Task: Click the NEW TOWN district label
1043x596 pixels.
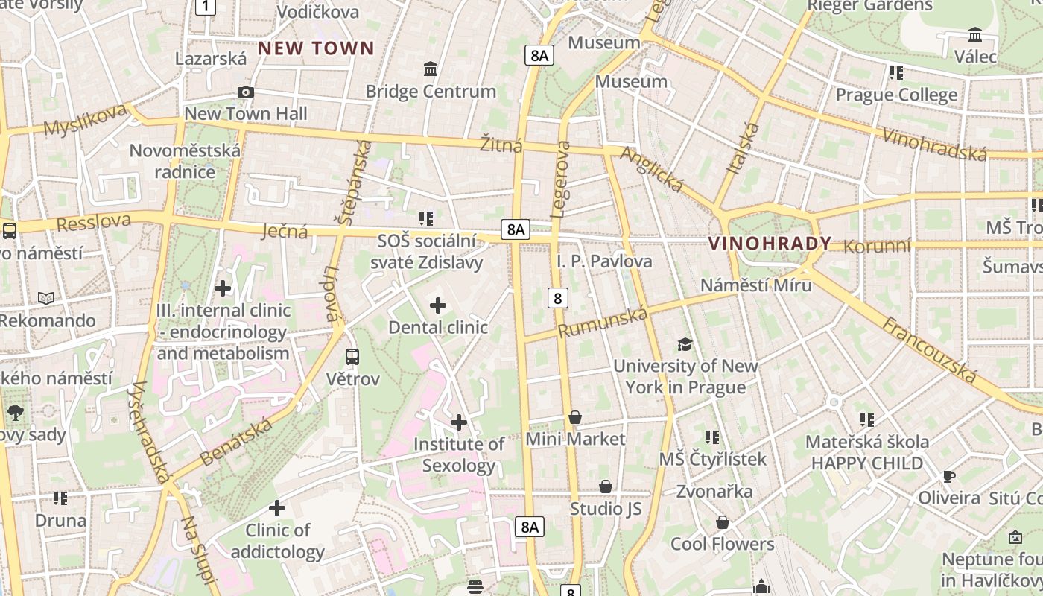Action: point(316,49)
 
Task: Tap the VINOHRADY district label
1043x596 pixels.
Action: point(770,244)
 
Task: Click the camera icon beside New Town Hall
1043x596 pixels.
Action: point(245,92)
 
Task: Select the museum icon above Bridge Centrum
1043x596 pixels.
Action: point(431,69)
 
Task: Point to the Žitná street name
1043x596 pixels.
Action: point(501,145)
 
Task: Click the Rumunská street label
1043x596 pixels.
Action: point(603,323)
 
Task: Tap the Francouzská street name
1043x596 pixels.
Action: point(928,349)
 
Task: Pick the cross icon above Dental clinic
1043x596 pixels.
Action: point(438,305)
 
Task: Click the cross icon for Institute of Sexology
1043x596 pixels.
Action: point(459,423)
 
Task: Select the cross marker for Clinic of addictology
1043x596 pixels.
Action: point(277,509)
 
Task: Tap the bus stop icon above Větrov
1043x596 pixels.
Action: point(352,357)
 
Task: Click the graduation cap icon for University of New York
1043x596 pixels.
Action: point(685,344)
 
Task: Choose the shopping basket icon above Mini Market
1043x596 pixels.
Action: point(574,418)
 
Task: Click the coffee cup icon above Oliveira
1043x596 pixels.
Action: point(948,476)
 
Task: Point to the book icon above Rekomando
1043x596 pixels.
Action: point(46,299)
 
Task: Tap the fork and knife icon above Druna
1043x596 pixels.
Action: point(60,498)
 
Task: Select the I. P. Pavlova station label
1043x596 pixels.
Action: point(604,261)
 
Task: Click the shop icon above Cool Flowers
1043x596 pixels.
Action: point(722,522)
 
